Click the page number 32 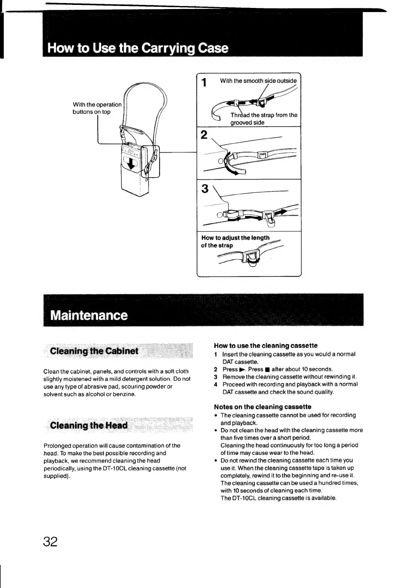[x=50, y=541]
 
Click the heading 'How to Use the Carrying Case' [x=138, y=48]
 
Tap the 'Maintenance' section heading [x=89, y=315]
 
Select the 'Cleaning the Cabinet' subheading [x=94, y=351]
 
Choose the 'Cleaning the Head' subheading [x=89, y=426]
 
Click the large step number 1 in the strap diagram [x=204, y=82]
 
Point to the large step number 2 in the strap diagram [x=204, y=135]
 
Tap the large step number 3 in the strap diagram [x=204, y=188]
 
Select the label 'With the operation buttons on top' [x=97, y=108]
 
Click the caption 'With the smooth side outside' [x=258, y=81]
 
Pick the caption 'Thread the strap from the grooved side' [x=264, y=119]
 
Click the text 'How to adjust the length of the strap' [x=235, y=241]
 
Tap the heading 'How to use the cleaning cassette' [x=265, y=346]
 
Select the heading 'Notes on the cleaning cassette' [x=262, y=407]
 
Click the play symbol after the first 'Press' [x=242, y=369]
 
